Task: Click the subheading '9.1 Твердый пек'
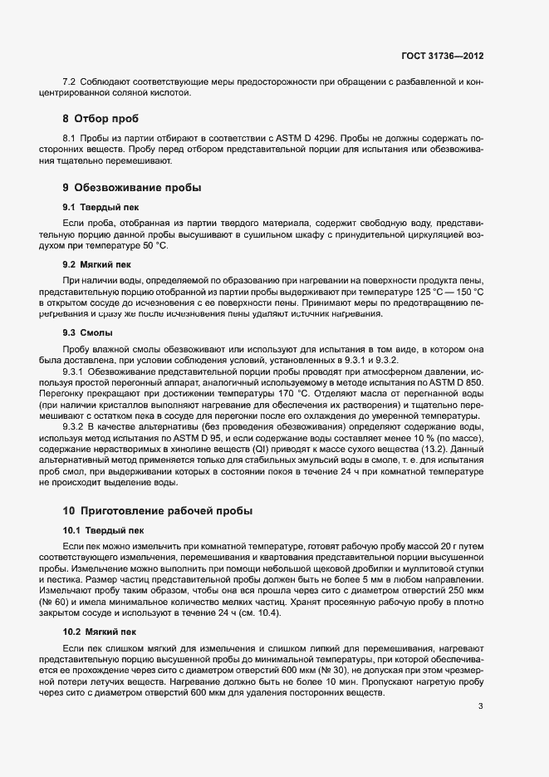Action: [93, 206]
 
